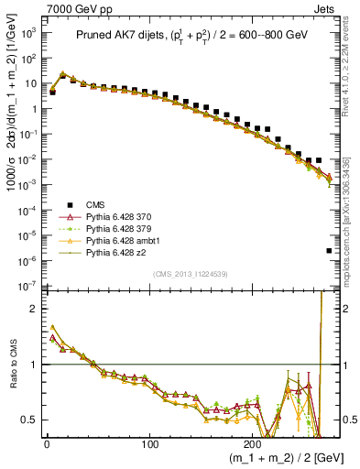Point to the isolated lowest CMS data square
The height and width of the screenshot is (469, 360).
point(330,250)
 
